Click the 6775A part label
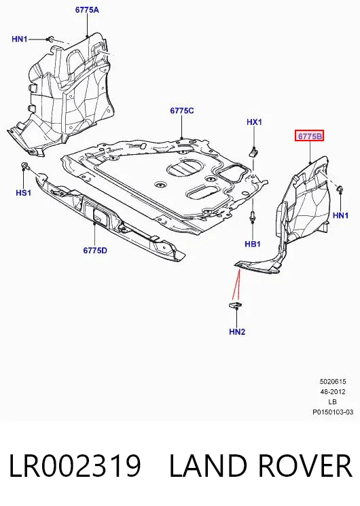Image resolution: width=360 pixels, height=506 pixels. [x=87, y=10]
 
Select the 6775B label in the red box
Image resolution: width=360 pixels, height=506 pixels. [x=310, y=137]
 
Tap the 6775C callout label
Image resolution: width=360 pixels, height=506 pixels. [x=182, y=111]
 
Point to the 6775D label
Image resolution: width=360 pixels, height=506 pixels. [x=95, y=251]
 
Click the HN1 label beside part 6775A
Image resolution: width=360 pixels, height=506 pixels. [x=20, y=39]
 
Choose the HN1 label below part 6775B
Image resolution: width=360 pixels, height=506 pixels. [x=340, y=215]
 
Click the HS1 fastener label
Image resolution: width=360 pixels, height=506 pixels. [x=24, y=193]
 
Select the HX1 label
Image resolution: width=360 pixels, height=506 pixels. [x=255, y=122]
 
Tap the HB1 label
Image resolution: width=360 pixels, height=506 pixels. [x=253, y=244]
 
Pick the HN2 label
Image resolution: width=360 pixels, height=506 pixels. [x=237, y=331]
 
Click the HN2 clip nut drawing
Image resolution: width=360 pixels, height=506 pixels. [x=236, y=305]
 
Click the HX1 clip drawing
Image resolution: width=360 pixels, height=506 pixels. [x=255, y=151]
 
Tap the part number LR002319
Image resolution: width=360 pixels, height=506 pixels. [x=75, y=465]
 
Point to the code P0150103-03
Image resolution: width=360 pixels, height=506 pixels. [x=333, y=412]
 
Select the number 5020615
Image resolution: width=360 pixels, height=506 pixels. [x=333, y=382]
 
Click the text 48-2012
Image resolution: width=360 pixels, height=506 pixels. [x=333, y=392]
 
